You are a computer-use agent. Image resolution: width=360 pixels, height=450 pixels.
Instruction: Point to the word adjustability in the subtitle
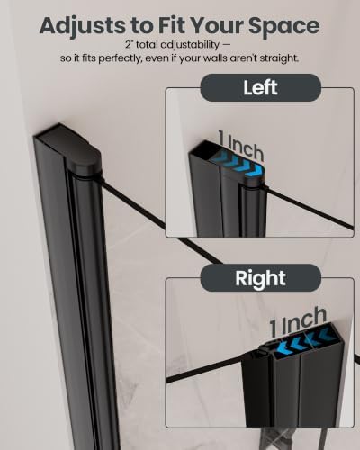coord(190,45)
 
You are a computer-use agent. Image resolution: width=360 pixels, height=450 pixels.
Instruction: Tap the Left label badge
coord(260,87)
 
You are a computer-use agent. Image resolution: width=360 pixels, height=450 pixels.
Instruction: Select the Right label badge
coord(260,278)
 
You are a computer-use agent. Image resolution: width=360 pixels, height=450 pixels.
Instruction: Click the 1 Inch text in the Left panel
coord(241,147)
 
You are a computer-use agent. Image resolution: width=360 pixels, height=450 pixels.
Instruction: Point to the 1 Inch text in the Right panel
coord(298,321)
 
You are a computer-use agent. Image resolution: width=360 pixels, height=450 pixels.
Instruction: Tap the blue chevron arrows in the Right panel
coord(302,339)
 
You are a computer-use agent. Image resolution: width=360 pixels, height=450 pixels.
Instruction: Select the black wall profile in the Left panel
coord(228,195)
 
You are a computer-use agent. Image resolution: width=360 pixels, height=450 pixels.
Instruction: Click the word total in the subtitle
coord(147,45)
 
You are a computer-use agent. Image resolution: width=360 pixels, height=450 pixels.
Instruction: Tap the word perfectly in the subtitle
coord(120,58)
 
